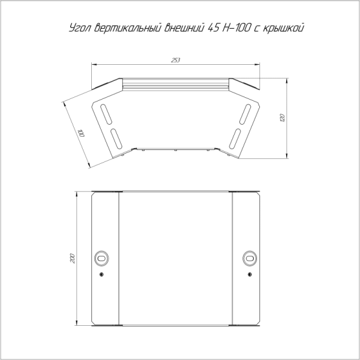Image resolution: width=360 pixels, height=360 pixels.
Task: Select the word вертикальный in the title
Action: (x=127, y=28)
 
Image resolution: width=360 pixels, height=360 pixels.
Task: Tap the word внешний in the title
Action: (x=184, y=28)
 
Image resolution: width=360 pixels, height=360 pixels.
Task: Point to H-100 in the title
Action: (x=235, y=28)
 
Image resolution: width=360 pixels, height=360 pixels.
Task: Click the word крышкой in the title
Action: (x=283, y=28)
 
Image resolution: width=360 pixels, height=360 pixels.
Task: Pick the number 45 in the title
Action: (x=213, y=28)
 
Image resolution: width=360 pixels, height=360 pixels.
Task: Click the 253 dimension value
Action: (x=176, y=60)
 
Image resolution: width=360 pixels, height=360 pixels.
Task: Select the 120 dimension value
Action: (x=283, y=118)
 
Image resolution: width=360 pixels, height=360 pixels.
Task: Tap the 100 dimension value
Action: (x=80, y=133)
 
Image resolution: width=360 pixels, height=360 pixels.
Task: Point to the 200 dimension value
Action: (x=72, y=258)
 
